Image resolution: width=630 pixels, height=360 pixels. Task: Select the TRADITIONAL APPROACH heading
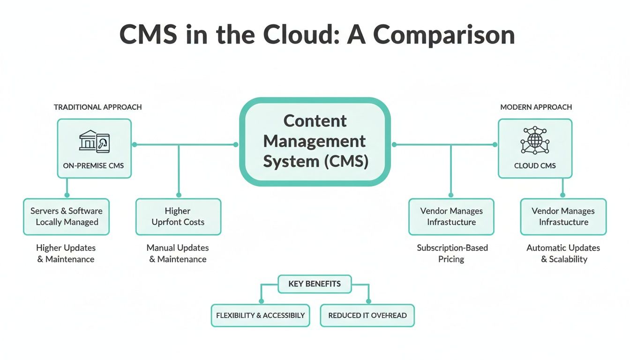(97, 107)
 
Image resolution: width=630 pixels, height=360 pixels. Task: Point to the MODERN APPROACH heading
(536, 107)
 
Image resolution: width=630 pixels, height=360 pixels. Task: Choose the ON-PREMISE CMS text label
(94, 165)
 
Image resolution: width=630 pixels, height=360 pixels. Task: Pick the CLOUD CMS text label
(535, 165)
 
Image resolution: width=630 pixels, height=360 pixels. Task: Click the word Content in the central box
(315, 121)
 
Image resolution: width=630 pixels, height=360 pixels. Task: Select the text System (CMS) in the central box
(315, 161)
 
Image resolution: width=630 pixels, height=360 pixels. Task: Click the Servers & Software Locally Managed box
(67, 217)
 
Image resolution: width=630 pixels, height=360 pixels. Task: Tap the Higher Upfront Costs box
(178, 217)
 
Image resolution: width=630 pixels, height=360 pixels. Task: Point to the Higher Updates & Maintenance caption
(66, 254)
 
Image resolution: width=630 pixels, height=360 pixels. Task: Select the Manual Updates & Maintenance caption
(178, 254)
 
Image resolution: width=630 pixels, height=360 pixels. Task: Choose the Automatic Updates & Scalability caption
(563, 254)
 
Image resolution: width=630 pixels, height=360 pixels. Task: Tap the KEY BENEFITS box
(315, 284)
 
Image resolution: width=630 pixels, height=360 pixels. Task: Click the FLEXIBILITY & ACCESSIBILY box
(260, 315)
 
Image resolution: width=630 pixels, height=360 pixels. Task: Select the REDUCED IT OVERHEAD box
(367, 315)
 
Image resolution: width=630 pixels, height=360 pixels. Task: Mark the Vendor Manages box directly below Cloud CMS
(563, 217)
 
